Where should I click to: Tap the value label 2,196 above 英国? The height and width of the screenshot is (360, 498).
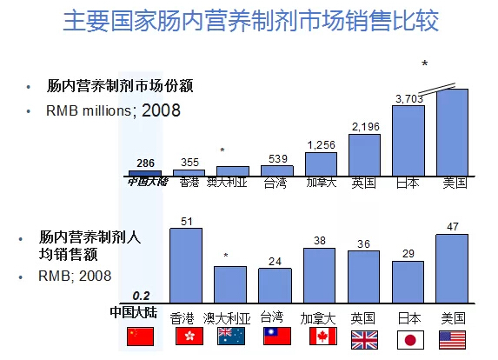coord(365,127)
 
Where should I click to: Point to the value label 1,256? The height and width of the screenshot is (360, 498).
coord(321,144)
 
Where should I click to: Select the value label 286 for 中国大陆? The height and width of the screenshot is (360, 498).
coord(146,163)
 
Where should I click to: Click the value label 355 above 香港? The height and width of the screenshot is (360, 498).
coord(189,162)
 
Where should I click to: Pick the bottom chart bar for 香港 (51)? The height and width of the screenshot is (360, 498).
coord(186,264)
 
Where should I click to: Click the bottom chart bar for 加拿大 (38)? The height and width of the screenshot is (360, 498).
coord(319,274)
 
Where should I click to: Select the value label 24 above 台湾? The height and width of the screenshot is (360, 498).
coord(276,260)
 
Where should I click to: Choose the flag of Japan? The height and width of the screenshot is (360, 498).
coord(407,338)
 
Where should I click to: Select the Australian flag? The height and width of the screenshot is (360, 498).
coord(229,338)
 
